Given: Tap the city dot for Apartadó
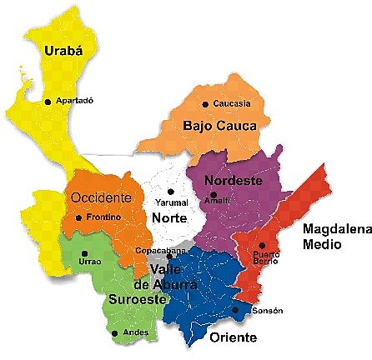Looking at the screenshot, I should [48, 102].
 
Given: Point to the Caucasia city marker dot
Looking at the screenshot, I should [206, 104].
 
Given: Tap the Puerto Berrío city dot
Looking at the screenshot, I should [262, 245].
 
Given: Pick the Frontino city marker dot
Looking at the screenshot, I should [78, 218].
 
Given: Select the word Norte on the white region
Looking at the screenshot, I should [169, 217].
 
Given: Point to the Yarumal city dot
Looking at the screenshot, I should [171, 192].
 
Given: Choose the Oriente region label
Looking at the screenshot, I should [233, 337].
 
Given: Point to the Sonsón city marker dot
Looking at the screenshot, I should [236, 311].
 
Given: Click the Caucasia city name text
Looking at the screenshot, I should [231, 104].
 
